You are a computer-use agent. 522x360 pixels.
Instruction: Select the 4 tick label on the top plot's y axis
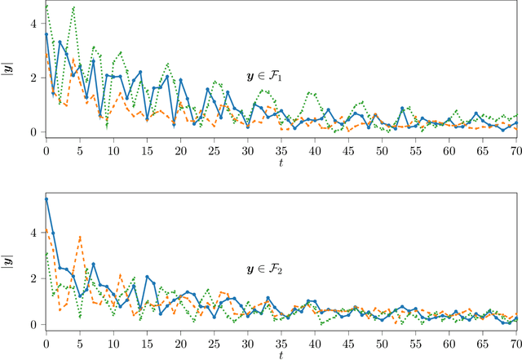33,24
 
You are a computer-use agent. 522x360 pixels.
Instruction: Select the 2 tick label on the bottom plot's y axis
33,278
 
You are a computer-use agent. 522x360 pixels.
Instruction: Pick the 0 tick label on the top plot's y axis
33,131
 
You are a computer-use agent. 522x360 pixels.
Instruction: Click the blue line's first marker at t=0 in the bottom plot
46,199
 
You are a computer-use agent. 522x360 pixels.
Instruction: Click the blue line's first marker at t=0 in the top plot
46,35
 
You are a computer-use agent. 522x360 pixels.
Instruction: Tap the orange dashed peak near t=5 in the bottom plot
80,237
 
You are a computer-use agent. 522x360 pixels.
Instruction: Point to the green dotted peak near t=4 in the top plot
73,8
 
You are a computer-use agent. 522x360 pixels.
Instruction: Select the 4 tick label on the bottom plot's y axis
33,233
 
